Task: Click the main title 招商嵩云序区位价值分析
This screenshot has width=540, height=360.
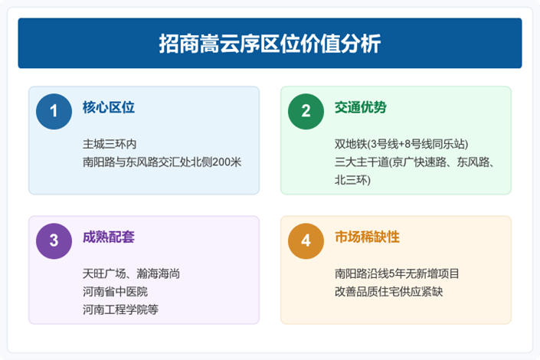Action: (270, 44)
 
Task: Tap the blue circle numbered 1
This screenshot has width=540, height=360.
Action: (54, 112)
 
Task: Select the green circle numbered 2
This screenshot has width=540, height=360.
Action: (306, 112)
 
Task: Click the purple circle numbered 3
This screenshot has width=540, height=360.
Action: (54, 241)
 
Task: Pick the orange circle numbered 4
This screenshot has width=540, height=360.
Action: (306, 241)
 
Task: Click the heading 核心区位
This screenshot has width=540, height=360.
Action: (109, 107)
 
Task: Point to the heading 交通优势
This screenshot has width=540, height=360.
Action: (361, 107)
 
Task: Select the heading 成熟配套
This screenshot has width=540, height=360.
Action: (109, 237)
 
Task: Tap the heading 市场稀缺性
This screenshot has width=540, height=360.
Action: (367, 237)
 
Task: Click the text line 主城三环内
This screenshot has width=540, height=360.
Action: (110, 144)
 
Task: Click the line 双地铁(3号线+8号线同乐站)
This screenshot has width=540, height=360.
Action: (401, 144)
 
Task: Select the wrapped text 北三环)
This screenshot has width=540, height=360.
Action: (352, 180)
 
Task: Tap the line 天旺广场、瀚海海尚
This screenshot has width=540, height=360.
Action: (131, 273)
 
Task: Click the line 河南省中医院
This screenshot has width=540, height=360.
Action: (115, 291)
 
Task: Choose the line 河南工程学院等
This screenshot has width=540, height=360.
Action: (120, 309)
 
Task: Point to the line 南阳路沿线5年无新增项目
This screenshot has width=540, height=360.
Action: (397, 273)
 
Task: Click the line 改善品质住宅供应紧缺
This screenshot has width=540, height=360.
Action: (389, 291)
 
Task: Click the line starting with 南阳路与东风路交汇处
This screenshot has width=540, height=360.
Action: (162, 162)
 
